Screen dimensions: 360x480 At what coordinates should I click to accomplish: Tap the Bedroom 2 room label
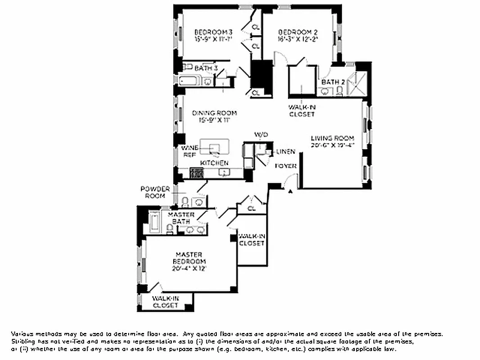(298, 32)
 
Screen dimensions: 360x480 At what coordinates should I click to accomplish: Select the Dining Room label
(214, 113)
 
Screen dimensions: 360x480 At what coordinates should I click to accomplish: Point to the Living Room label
(332, 138)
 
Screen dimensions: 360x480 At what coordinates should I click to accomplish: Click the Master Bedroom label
(189, 258)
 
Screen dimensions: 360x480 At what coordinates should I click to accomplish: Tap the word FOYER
(286, 166)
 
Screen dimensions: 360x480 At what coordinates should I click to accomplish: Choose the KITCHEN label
(214, 163)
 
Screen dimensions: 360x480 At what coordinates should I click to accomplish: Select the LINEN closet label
(286, 152)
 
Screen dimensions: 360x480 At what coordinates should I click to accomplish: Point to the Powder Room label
(155, 192)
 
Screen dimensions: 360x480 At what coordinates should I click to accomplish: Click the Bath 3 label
(206, 68)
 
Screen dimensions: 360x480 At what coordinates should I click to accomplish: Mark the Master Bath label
(181, 218)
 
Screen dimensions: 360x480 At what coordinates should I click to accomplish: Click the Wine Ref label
(188, 151)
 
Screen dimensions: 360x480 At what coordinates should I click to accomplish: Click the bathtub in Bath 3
(189, 81)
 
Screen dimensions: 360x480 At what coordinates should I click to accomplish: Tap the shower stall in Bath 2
(359, 83)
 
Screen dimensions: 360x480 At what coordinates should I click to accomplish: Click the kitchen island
(215, 146)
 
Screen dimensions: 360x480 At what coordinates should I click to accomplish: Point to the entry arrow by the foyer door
(290, 192)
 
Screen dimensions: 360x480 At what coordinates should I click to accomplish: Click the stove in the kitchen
(197, 172)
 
